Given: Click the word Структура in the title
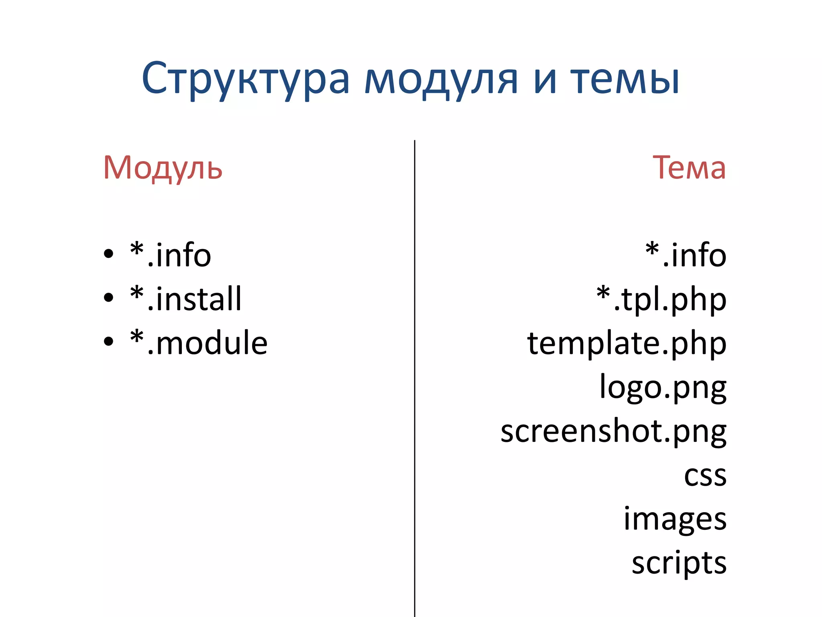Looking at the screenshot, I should pyautogui.click(x=246, y=79).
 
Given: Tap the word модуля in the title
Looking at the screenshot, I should pyautogui.click(x=441, y=79).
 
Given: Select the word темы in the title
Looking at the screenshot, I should pyautogui.click(x=625, y=79).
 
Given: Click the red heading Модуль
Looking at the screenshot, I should pyautogui.click(x=163, y=168).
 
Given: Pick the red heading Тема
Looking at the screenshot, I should pyautogui.click(x=689, y=168).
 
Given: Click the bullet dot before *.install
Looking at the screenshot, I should pyautogui.click(x=108, y=298).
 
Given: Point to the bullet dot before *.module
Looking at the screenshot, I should pyautogui.click(x=108, y=341).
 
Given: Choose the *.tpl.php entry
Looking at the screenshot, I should pyautogui.click(x=661, y=299).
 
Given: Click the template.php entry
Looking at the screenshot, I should pyautogui.click(x=627, y=343).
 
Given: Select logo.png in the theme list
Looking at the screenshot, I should pyautogui.click(x=663, y=388).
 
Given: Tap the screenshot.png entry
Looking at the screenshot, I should pyautogui.click(x=613, y=431).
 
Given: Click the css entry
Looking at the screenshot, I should pyautogui.click(x=705, y=476).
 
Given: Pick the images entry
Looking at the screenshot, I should pyautogui.click(x=675, y=519).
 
